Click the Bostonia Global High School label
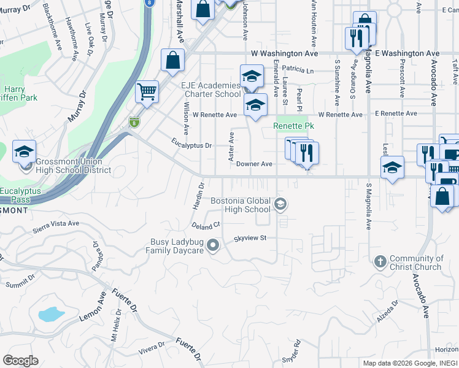click(x=240, y=205)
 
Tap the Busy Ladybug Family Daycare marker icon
click(x=213, y=246)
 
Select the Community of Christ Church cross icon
click(x=380, y=262)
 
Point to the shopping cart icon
click(x=147, y=92)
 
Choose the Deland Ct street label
click(x=205, y=226)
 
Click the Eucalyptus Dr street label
click(x=191, y=145)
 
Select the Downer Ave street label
click(x=254, y=164)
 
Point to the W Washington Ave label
click(x=274, y=54)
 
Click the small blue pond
click(x=51, y=315)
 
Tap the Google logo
click(x=21, y=360)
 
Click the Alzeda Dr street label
click(x=388, y=309)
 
